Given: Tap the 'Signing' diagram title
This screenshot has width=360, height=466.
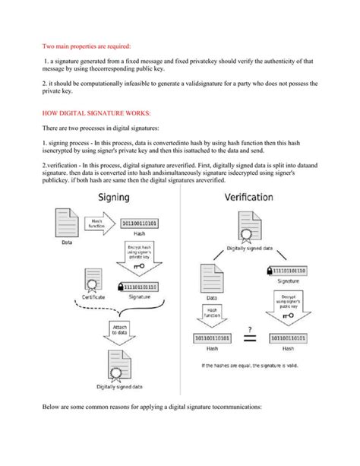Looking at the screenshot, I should [x=112, y=197].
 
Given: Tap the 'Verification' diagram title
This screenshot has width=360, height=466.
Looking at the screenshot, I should [x=254, y=197].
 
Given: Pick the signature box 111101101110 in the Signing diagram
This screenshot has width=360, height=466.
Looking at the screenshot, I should [x=141, y=287].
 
